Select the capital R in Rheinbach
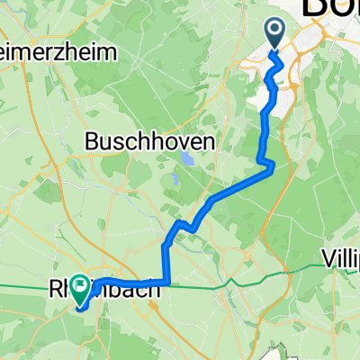(x=54, y=291)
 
